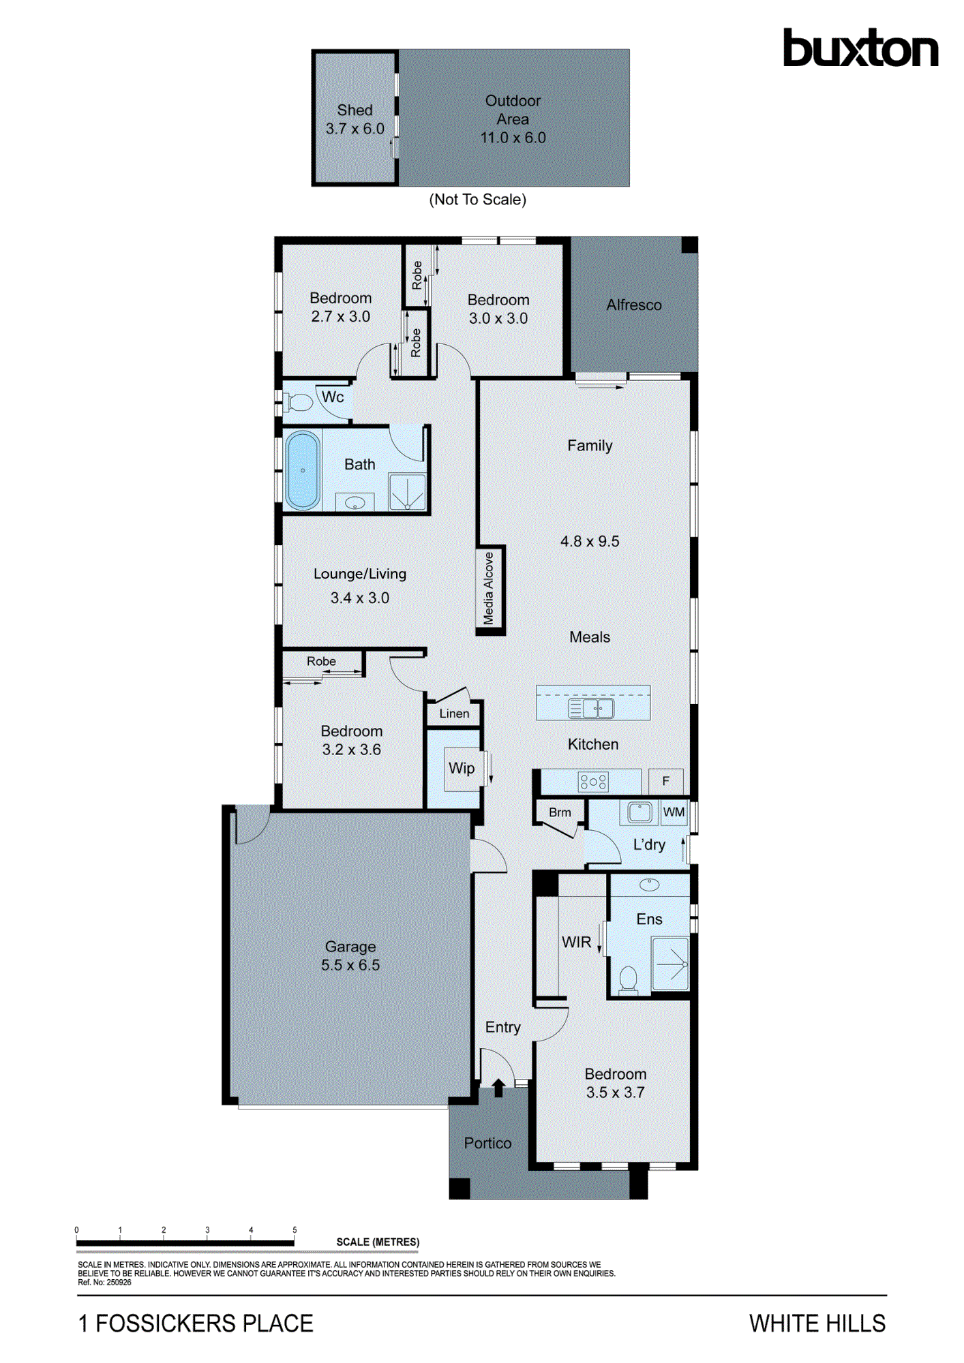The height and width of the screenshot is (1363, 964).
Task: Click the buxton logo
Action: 860,48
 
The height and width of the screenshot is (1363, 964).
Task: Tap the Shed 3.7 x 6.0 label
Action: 355,119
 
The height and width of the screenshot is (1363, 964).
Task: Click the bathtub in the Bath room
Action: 303,470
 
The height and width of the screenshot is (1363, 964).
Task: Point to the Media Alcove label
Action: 489,588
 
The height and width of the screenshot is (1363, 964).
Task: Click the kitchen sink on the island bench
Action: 591,708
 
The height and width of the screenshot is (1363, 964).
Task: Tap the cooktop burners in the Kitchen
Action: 592,782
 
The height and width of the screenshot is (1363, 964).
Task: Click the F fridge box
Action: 666,781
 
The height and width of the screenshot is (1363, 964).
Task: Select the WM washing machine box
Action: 674,812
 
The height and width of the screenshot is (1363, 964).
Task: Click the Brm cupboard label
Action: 560,812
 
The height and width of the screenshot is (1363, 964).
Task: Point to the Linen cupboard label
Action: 454,714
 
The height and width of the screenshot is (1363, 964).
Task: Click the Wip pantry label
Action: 462,768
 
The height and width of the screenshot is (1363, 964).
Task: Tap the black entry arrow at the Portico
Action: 498,1087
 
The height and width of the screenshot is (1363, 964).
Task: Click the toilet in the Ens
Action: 628,980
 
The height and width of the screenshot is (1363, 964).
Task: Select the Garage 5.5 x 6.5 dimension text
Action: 350,965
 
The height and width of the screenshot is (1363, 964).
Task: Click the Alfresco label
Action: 634,305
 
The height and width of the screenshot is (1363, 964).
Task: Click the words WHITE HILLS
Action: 817,1323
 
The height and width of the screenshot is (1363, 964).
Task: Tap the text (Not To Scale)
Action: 477,200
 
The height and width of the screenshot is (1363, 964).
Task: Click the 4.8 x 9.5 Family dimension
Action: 590,541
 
